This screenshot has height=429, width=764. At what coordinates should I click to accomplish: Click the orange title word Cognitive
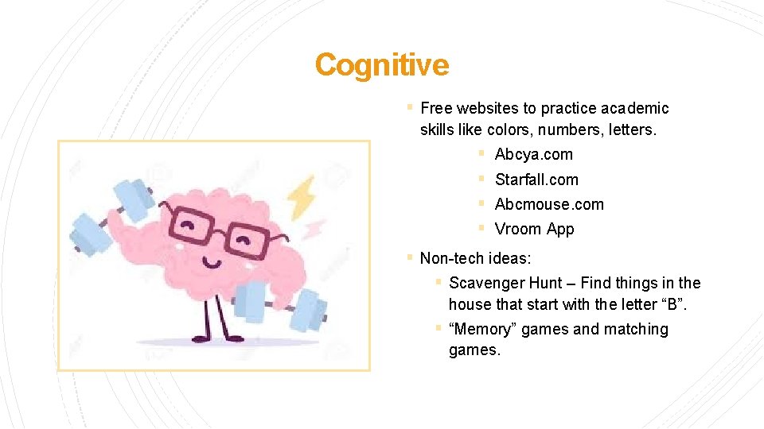[x=382, y=64]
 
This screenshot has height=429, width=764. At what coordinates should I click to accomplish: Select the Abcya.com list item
[x=533, y=154]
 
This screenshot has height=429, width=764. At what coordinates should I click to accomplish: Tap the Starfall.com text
[x=536, y=180]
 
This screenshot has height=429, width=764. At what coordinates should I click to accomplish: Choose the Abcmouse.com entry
[x=549, y=204]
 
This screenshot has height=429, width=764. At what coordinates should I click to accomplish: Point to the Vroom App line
[x=534, y=229]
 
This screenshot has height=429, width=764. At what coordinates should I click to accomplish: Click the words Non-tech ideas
[x=475, y=258]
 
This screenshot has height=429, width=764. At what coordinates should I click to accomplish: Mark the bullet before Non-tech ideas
[x=408, y=257]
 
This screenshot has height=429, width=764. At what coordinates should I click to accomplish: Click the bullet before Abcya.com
[x=481, y=153]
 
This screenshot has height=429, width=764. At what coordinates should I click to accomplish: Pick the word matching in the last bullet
[x=637, y=329]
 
